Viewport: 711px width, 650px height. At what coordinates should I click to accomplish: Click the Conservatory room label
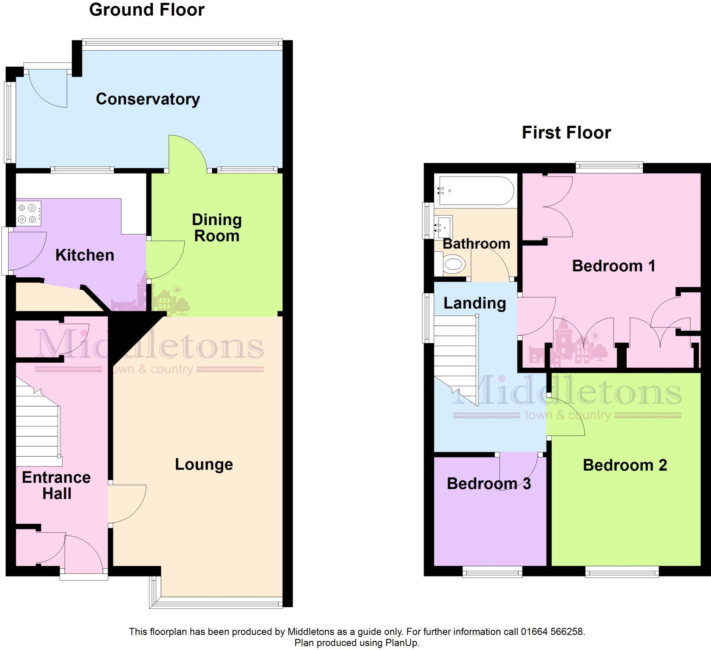point(148,99)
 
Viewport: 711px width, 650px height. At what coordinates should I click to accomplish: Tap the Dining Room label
point(217,228)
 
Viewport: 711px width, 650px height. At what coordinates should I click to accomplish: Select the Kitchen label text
point(85,255)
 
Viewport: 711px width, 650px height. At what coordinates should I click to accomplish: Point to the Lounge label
point(204,465)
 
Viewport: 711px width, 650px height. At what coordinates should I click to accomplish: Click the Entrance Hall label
point(57,486)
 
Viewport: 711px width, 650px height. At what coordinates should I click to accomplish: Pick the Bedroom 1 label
point(613,266)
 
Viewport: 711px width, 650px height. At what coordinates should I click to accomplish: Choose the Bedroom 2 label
point(625,465)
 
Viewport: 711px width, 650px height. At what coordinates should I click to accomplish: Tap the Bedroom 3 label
point(488,484)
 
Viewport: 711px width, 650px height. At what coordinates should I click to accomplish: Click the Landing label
point(474,303)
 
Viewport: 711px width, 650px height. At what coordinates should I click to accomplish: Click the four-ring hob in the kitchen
point(28,214)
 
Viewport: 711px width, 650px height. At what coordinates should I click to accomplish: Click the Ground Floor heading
point(147,10)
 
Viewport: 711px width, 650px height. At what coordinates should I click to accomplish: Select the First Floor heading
point(566,133)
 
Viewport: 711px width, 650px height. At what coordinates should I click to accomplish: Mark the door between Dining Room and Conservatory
point(187,155)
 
